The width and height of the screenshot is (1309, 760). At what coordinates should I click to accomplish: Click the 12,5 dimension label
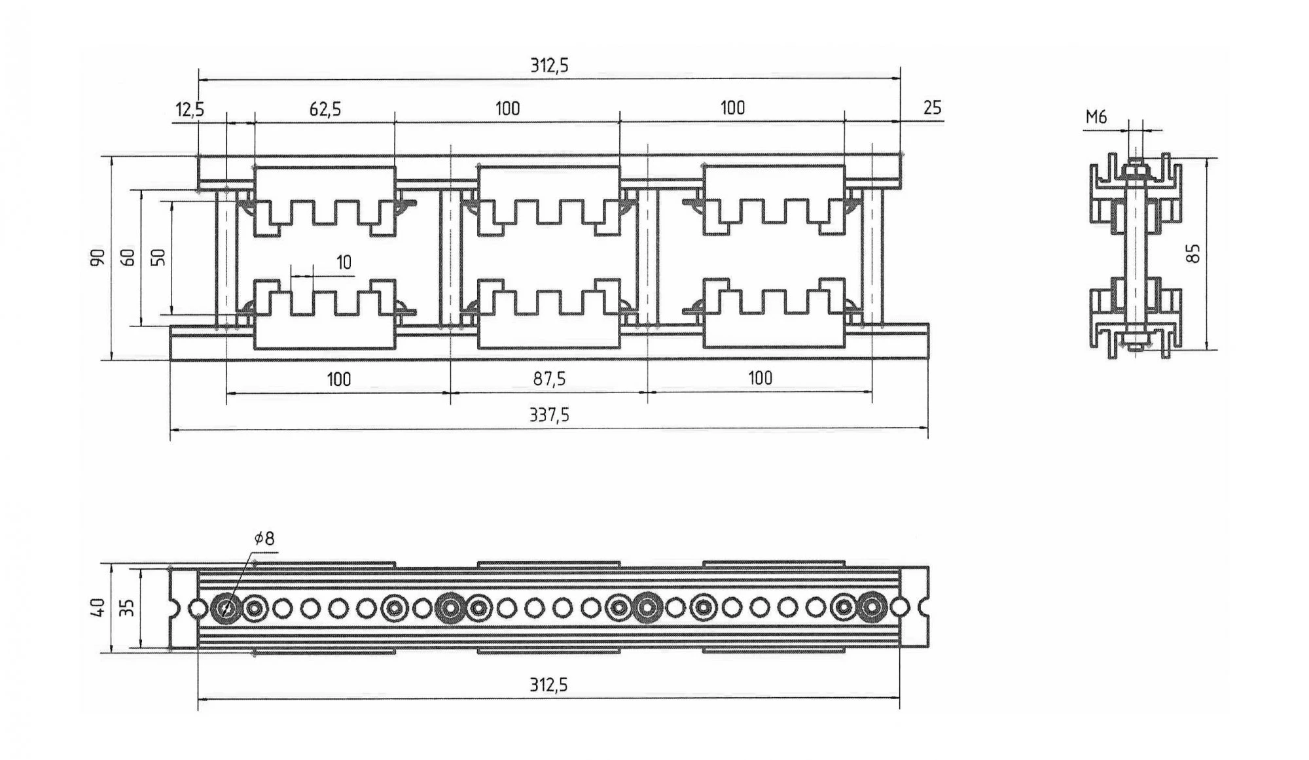click(190, 109)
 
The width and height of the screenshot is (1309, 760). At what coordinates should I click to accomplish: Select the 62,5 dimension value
click(325, 109)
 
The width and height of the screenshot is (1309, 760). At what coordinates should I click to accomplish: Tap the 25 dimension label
click(932, 108)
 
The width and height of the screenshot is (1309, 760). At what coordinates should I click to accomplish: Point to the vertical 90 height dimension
click(98, 257)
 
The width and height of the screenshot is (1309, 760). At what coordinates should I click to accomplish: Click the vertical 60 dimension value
click(129, 258)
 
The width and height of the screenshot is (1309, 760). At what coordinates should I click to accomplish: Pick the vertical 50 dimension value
click(158, 258)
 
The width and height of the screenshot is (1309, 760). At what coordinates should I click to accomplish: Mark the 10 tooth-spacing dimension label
click(344, 263)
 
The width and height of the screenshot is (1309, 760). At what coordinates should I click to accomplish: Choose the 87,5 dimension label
click(549, 379)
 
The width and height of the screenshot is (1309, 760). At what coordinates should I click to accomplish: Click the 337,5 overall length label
click(549, 415)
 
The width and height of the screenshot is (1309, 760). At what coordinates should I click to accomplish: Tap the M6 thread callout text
click(1096, 117)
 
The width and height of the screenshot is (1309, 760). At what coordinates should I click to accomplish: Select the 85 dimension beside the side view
click(1194, 253)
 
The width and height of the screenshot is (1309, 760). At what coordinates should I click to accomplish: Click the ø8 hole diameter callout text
click(264, 538)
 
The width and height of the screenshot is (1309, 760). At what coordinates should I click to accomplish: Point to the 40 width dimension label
click(98, 608)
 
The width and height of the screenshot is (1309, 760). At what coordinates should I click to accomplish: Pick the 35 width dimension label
click(129, 608)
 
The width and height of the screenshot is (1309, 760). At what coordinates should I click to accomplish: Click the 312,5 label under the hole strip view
click(549, 685)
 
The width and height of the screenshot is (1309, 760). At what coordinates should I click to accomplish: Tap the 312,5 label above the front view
click(549, 65)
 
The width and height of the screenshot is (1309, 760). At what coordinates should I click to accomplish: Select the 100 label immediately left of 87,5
click(338, 379)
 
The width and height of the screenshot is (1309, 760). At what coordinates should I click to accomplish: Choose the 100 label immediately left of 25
click(732, 108)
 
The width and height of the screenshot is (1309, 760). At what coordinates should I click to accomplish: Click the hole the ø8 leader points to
click(226, 608)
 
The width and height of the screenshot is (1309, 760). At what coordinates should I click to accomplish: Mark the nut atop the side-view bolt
click(1136, 169)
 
